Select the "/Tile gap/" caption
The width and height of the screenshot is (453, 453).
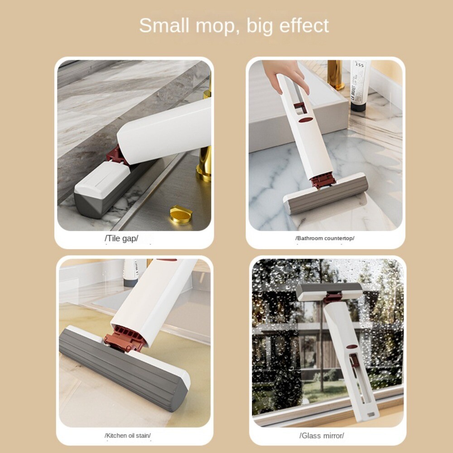pos(121,238)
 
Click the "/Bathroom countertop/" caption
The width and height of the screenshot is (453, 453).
pos(325,238)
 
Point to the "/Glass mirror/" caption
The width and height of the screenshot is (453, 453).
pos(322,436)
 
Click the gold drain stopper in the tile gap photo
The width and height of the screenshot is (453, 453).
pos(181,213)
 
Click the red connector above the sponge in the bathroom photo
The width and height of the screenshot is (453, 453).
pos(323,180)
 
